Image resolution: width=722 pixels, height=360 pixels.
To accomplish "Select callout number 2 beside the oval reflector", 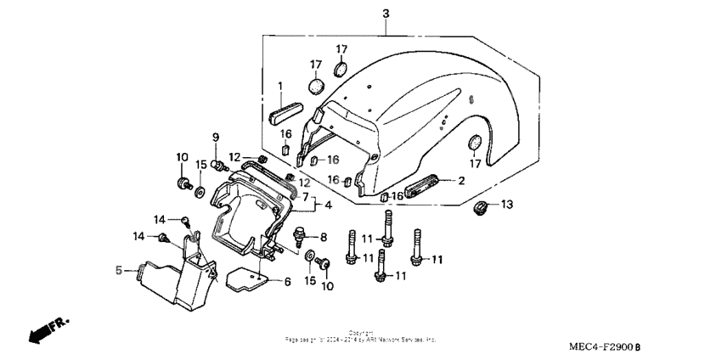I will (x=461, y=180).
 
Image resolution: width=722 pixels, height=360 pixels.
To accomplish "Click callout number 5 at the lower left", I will (x=119, y=271).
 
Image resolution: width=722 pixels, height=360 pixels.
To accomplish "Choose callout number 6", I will (x=287, y=282).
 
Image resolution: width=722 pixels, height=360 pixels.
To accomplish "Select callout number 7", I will (x=305, y=197).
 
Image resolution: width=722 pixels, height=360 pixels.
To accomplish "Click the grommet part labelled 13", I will (x=482, y=207).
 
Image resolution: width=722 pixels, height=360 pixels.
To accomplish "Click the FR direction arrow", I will (x=48, y=331).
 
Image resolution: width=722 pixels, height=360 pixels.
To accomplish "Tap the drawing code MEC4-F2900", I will (x=606, y=347).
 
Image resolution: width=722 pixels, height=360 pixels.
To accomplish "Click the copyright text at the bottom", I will (x=360, y=337).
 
